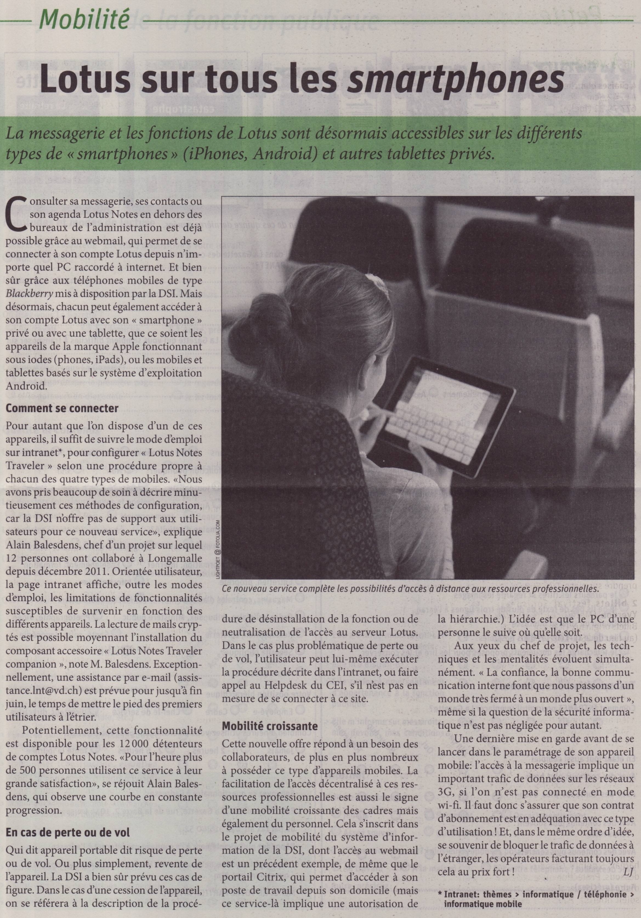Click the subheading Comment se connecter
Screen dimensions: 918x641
click(62, 409)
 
